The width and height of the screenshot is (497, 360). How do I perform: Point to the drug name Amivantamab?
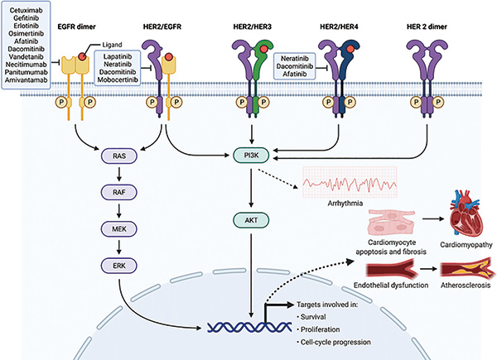[x=27, y=84]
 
